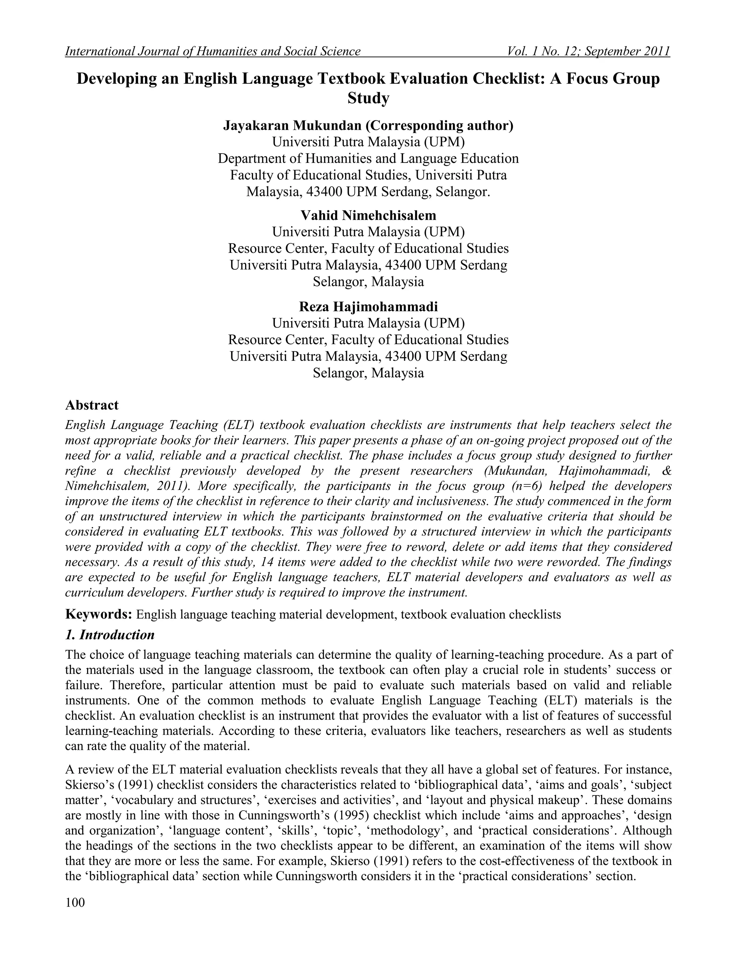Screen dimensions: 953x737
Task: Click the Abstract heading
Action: click(92, 405)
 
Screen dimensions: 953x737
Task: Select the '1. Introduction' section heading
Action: click(110, 634)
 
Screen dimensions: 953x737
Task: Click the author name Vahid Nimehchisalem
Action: click(368, 215)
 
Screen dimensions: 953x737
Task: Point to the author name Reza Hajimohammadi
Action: click(368, 307)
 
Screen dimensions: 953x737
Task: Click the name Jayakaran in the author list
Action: click(256, 126)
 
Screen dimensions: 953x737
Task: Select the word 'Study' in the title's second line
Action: click(368, 98)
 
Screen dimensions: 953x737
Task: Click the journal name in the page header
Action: click(213, 51)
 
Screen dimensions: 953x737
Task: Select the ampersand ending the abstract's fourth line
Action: click(667, 471)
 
